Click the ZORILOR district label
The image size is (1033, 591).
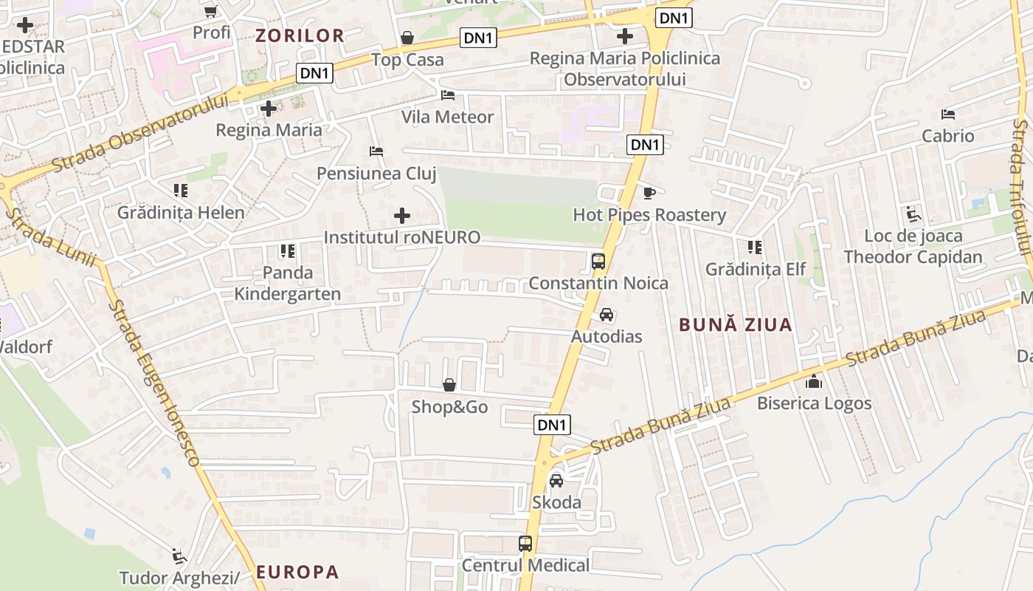[x=300, y=35]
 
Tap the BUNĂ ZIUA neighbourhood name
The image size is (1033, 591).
[x=735, y=324]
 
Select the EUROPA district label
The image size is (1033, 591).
[x=297, y=572]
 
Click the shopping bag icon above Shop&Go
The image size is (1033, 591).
[x=449, y=385]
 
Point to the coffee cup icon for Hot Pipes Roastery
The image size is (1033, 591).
[x=649, y=194]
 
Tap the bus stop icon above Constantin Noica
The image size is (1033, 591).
[x=598, y=262]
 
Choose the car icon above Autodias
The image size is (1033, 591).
[x=607, y=315]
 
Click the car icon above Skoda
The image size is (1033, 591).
[x=556, y=480]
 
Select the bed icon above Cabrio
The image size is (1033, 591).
[x=948, y=115]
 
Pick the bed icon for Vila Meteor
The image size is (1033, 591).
[x=448, y=95]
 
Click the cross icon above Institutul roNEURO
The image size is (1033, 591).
[x=402, y=216]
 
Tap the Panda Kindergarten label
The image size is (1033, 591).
[x=288, y=283]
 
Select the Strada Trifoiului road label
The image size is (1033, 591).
[x=1021, y=188]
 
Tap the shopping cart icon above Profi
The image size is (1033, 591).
[x=211, y=11]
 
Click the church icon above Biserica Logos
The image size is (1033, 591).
[x=814, y=382]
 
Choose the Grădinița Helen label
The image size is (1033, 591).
[x=181, y=213]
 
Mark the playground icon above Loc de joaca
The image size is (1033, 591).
[x=913, y=215]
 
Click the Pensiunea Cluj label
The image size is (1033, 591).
[x=376, y=174]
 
